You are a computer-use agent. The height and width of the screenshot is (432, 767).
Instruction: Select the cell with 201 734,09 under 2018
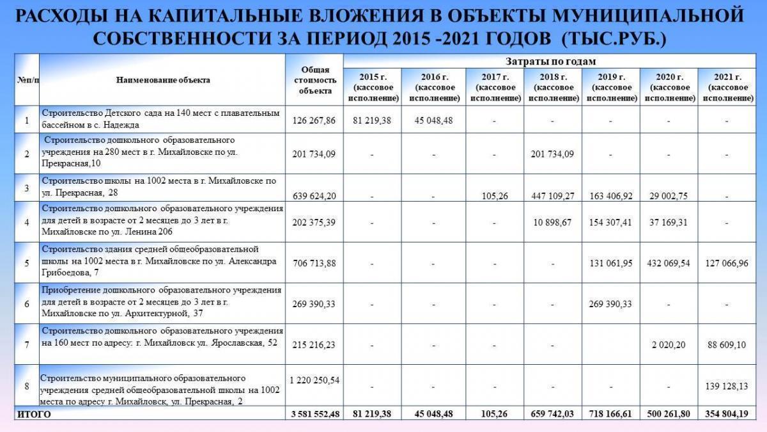click(x=553, y=154)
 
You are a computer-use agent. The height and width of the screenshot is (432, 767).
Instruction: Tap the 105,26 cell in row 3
click(x=495, y=196)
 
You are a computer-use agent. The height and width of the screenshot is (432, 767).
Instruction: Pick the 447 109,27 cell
click(x=553, y=196)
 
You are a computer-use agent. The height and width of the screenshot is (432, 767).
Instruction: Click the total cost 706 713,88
click(x=314, y=263)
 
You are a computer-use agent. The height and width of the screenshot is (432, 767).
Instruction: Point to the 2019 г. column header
click(x=611, y=88)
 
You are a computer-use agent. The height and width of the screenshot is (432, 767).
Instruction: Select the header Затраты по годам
click(x=550, y=61)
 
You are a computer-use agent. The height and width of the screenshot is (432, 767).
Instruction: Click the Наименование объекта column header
click(x=163, y=80)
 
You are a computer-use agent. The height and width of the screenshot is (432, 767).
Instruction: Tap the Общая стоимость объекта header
click(x=314, y=80)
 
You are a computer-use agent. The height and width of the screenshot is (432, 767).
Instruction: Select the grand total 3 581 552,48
click(x=314, y=414)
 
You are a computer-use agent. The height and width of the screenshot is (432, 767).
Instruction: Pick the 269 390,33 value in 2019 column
click(x=611, y=304)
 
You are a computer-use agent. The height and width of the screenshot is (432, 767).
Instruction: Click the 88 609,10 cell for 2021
click(x=726, y=345)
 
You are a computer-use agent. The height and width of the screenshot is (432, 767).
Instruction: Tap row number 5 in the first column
click(x=26, y=263)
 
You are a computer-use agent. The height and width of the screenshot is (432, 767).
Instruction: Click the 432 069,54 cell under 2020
click(x=669, y=263)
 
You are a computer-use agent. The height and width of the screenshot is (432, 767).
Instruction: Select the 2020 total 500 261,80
click(x=669, y=414)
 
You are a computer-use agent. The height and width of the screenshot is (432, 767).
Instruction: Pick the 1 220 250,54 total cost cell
click(x=314, y=380)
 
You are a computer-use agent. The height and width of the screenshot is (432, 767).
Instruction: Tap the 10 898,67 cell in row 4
click(x=553, y=222)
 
